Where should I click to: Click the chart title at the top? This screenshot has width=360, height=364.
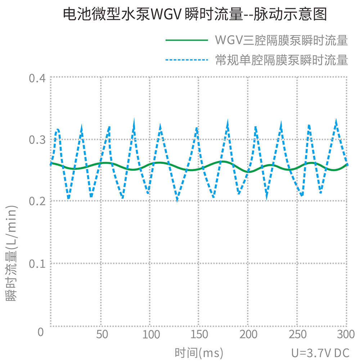click(x=195, y=15)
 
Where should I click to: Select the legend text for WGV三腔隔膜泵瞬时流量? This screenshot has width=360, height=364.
click(x=281, y=40)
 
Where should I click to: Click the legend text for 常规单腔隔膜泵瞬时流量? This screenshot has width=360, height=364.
click(x=281, y=60)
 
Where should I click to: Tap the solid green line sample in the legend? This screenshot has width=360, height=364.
click(x=186, y=40)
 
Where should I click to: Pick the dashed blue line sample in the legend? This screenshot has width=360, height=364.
click(x=186, y=60)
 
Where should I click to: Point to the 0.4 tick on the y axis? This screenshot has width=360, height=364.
click(x=37, y=78)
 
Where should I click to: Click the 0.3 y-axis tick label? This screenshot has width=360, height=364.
click(x=37, y=140)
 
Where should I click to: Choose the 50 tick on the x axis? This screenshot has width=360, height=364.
click(x=102, y=334)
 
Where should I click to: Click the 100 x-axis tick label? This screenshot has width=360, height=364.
click(x=151, y=334)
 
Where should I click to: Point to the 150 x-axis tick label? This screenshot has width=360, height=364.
click(x=199, y=334)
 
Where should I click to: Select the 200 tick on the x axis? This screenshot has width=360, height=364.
click(x=248, y=334)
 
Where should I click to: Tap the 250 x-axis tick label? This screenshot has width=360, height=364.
click(x=297, y=334)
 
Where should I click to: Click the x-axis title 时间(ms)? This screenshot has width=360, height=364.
click(x=199, y=353)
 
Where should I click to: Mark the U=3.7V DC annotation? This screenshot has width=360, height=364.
click(x=320, y=353)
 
